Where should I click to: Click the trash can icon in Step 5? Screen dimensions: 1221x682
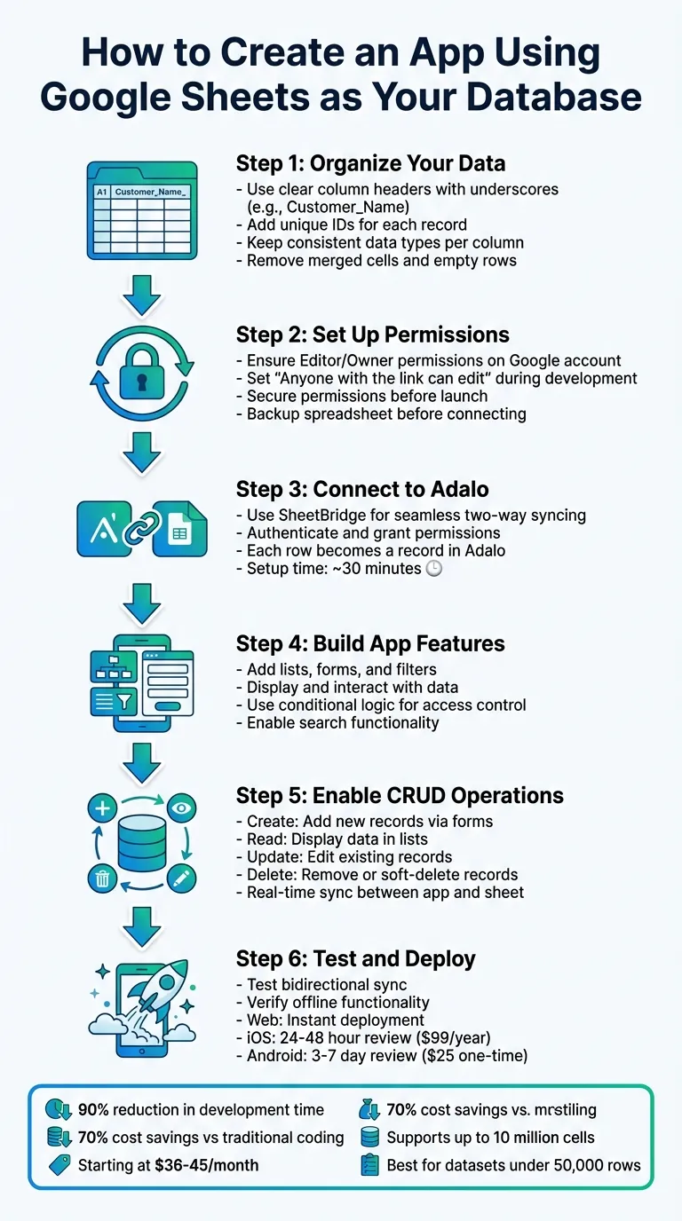coord(103,878)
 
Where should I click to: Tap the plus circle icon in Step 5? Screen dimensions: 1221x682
coord(103,808)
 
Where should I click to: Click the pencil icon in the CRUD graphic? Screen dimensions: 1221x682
coord(182,878)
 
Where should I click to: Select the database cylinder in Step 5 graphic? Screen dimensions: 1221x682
coord(142,843)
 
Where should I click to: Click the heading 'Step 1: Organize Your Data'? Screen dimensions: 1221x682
coord(370,163)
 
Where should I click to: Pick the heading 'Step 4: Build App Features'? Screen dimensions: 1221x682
coord(370,643)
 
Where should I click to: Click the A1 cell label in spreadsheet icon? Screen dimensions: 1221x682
coord(101,191)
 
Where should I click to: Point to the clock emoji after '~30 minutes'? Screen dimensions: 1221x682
coord(433,569)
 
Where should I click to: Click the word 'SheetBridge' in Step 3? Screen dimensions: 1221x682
coord(318,515)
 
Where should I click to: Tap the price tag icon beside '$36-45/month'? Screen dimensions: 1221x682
coord(59,1164)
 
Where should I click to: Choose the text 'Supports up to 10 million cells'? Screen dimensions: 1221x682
coord(490,1137)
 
